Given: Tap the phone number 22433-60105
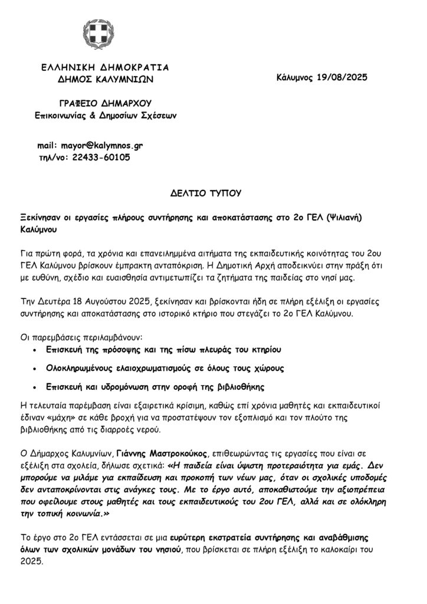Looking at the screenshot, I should point(100,158).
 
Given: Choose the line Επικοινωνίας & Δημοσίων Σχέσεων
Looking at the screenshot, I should point(105,114).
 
